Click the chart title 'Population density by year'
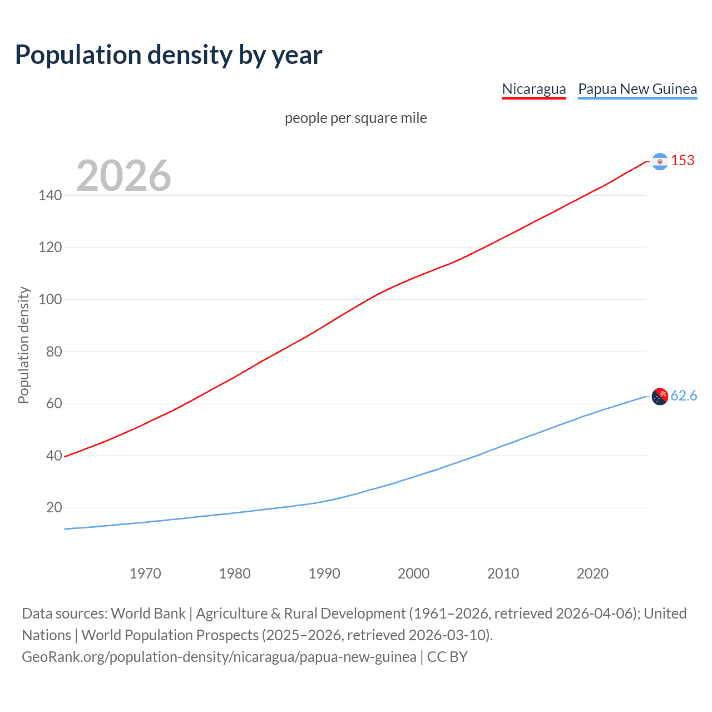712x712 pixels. pos(169,55)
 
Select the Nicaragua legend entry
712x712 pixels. pos(533,89)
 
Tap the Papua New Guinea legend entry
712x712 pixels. pos(637,89)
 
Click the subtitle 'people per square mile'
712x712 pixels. pos(355,118)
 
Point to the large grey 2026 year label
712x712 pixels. pos(123,176)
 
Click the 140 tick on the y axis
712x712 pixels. pos(50,195)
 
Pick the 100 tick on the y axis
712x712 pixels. pos(50,299)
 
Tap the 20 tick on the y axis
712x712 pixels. pos(54,507)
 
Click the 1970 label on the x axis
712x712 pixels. pos(145,573)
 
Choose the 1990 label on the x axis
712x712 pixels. pos(324,573)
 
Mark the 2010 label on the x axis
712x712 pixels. pos(503,573)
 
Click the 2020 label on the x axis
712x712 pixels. pos(592,573)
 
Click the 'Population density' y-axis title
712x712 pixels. pos(23,345)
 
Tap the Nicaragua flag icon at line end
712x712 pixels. pos(659,161)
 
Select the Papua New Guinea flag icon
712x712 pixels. pos(659,397)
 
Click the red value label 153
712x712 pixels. pos(683,161)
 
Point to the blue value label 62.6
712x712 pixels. pos(684,395)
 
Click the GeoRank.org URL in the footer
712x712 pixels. pos(219,657)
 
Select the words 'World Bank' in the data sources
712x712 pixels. pos(148,614)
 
